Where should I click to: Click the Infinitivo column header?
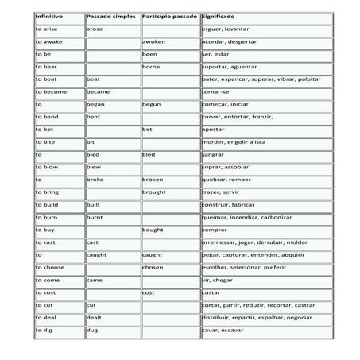tap(49, 16)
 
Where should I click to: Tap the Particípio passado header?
tap(169, 16)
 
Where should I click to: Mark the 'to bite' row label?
tap(45, 141)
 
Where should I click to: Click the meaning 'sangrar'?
tap(214, 154)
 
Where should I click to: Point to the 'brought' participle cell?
tap(154, 192)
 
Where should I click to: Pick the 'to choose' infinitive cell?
tap(48, 267)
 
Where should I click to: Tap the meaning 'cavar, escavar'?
tap(222, 330)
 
